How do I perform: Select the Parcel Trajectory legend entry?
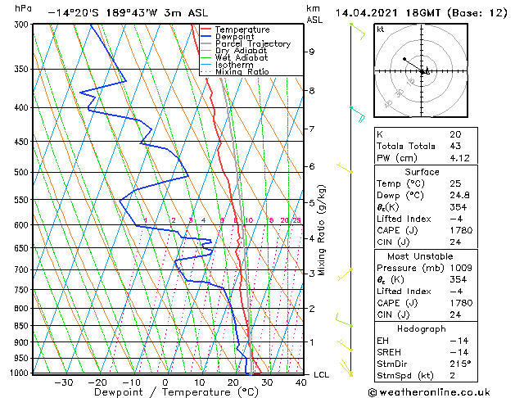(252, 43)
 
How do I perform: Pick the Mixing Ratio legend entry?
(242, 71)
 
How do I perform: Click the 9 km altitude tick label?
(312, 52)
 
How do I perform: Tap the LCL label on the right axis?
(322, 374)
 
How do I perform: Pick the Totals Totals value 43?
(455, 146)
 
